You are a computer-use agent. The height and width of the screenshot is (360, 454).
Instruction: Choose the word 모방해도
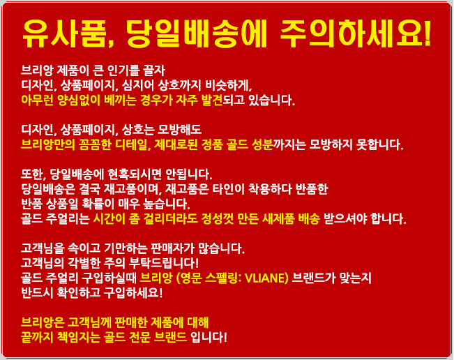point(179,130)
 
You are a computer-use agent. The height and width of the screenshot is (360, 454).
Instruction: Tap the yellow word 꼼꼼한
point(95,144)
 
